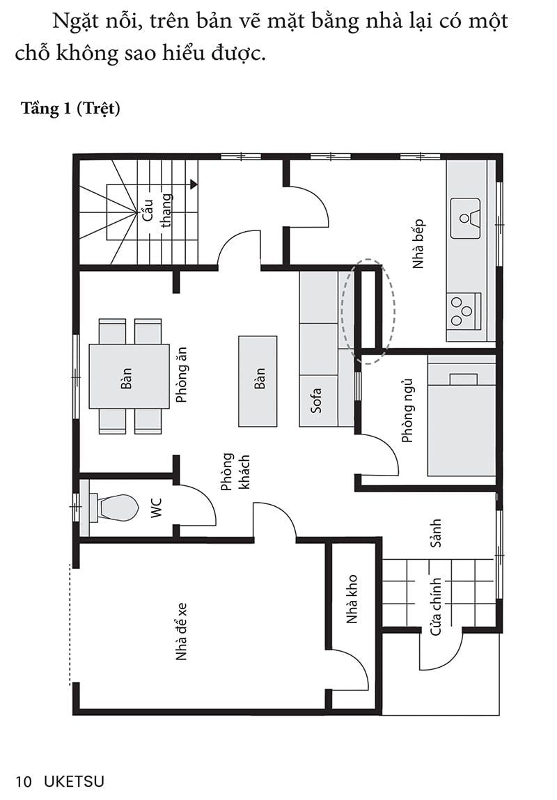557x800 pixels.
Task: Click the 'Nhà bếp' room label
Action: (x=418, y=244)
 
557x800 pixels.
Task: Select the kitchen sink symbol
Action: (x=465, y=219)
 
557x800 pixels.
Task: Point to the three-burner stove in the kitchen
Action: (x=464, y=311)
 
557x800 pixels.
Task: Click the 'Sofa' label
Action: (x=316, y=400)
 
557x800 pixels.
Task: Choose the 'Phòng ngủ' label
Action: (x=407, y=411)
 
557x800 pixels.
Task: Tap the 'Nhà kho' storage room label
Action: (x=352, y=599)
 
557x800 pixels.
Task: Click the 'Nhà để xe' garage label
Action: (x=181, y=632)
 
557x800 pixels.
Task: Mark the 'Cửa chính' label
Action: (x=436, y=606)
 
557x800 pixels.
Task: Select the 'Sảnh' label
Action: (x=435, y=533)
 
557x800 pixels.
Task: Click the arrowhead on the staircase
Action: (x=194, y=185)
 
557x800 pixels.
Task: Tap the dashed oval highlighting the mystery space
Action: (x=343, y=311)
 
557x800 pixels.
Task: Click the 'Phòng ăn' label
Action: (x=181, y=375)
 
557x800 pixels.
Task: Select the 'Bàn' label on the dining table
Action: (x=126, y=379)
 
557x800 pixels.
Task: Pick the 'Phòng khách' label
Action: (x=235, y=472)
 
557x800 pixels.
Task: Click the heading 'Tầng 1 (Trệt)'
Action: (x=70, y=109)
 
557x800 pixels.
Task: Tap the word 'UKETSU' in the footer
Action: (x=74, y=781)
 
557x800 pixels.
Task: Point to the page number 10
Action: (x=24, y=781)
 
